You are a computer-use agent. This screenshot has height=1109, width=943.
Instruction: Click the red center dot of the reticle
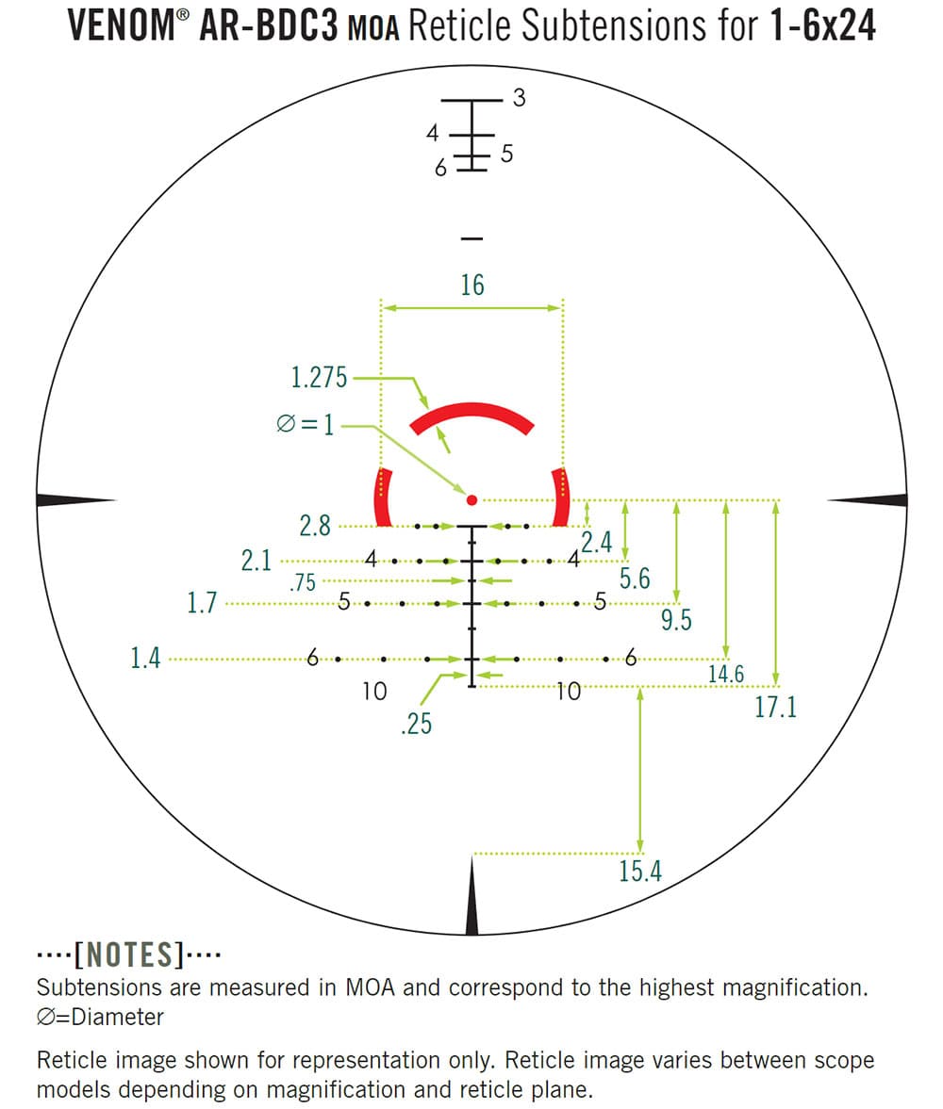(x=472, y=499)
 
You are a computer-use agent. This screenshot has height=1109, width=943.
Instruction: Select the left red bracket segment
(x=383, y=497)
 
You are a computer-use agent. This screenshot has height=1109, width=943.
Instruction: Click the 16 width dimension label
(x=472, y=285)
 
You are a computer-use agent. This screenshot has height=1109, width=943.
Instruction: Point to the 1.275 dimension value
(x=319, y=379)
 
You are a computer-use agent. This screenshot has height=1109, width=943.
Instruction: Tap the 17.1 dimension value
(x=775, y=708)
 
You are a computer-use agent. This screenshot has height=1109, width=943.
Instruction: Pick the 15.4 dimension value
(x=640, y=872)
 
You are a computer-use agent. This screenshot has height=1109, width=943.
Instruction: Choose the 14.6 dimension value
(x=726, y=674)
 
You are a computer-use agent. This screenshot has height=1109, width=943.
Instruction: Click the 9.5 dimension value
(x=675, y=619)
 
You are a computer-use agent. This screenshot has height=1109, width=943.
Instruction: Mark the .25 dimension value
(x=416, y=725)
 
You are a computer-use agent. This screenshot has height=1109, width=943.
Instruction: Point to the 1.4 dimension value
(x=145, y=659)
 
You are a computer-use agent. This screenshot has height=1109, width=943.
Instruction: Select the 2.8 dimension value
(x=315, y=526)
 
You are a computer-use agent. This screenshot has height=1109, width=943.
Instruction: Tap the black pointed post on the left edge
(x=75, y=499)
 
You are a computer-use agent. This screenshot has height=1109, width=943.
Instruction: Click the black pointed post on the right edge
(x=869, y=499)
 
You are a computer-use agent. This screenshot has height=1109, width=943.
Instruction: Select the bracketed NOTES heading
(x=128, y=955)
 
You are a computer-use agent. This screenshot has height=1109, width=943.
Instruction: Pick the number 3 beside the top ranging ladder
(x=519, y=97)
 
